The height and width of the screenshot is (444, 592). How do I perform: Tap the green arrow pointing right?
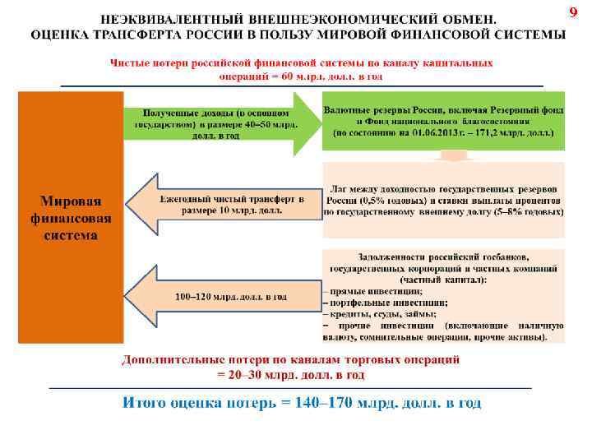(x=222, y=124)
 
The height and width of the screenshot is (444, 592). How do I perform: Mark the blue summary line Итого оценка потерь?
(x=301, y=403)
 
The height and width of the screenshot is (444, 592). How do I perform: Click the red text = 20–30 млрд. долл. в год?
(x=291, y=374)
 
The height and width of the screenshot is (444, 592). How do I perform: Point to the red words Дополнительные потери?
(x=189, y=360)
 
